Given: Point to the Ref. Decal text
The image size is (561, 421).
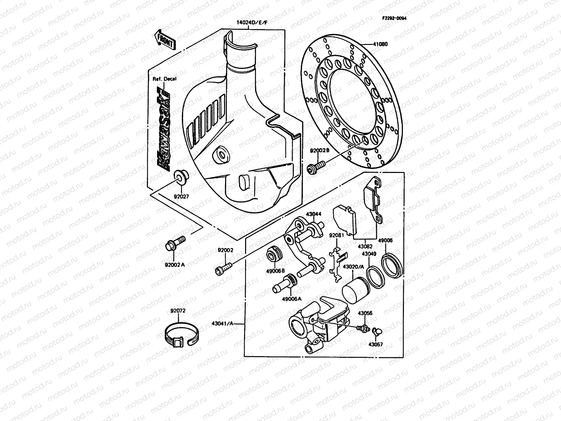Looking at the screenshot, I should [x=164, y=79].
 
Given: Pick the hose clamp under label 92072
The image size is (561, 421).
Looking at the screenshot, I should [x=182, y=335].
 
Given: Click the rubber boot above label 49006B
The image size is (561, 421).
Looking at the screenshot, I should [x=274, y=254].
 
